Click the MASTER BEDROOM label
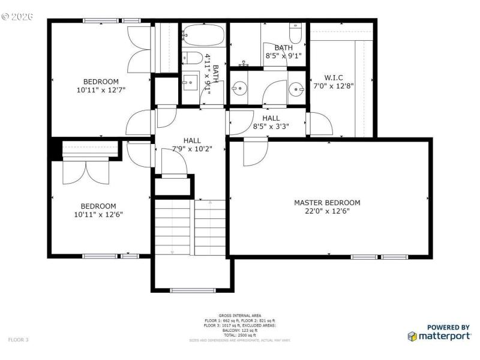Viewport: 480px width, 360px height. (x=327, y=203)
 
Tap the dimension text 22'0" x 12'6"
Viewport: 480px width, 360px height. (x=327, y=211)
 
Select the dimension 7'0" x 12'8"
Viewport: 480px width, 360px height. (x=334, y=86)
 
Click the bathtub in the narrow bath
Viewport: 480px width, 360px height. (x=203, y=37)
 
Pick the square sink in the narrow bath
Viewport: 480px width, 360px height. (x=191, y=81)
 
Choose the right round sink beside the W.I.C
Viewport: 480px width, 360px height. (x=296, y=89)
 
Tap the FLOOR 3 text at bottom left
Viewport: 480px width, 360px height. (x=18, y=340)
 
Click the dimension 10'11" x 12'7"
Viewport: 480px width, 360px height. (x=101, y=90)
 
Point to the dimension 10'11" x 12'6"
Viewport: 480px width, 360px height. (x=99, y=214)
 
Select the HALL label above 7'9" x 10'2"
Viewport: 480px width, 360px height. (x=192, y=140)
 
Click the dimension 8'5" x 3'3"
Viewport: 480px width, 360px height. (x=271, y=127)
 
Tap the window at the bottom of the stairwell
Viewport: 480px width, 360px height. (x=191, y=291)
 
